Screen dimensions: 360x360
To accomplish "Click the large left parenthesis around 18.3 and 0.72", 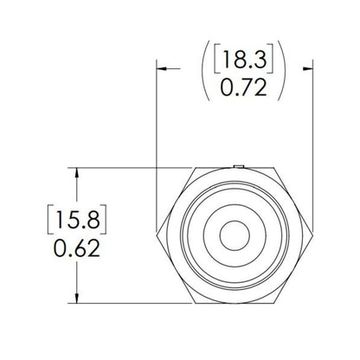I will pyautogui.click(x=206, y=74).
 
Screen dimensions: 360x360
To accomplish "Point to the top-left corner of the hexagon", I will pyautogui.click(x=195, y=168).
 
